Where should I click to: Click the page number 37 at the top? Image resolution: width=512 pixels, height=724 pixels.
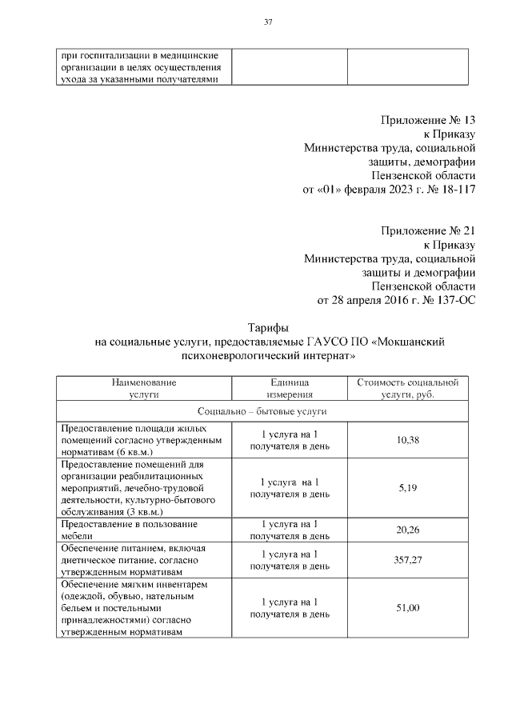(x=269, y=22)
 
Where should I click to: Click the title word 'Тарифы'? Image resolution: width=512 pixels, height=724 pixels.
(x=269, y=327)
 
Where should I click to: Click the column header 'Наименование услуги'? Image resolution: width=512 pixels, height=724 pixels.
(x=144, y=388)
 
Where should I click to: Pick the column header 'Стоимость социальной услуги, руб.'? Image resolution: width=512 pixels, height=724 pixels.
(x=407, y=388)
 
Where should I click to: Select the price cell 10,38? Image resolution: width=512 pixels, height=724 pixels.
(x=408, y=440)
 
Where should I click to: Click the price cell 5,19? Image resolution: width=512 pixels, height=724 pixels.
(x=408, y=487)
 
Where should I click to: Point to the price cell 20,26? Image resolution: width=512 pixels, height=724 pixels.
(x=408, y=529)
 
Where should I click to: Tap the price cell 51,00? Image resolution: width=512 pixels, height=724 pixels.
(x=408, y=608)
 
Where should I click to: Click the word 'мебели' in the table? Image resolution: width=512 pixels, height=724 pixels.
(x=77, y=535)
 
